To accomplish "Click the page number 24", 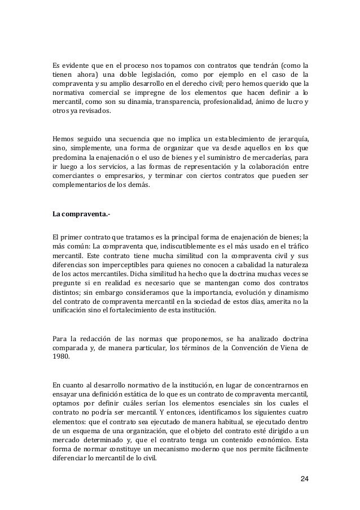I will [304, 480].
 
